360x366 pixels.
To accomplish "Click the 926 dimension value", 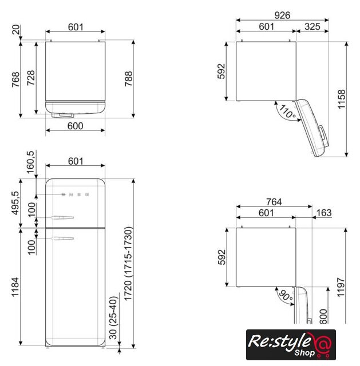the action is pos(282,15).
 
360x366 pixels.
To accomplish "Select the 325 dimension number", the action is pos(312,27).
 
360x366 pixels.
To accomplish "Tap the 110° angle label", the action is pos(287,112).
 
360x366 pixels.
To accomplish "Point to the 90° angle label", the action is pos(286,296).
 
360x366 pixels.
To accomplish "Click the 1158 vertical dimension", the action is pos(341,99).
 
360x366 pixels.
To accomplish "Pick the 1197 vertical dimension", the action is pos(341,287).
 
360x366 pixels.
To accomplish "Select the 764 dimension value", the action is pos(274,202).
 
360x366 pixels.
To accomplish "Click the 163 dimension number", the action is pos(324,213).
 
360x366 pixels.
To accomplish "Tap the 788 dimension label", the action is pos(128,79).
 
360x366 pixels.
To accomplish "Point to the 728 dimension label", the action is pos(31,78).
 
